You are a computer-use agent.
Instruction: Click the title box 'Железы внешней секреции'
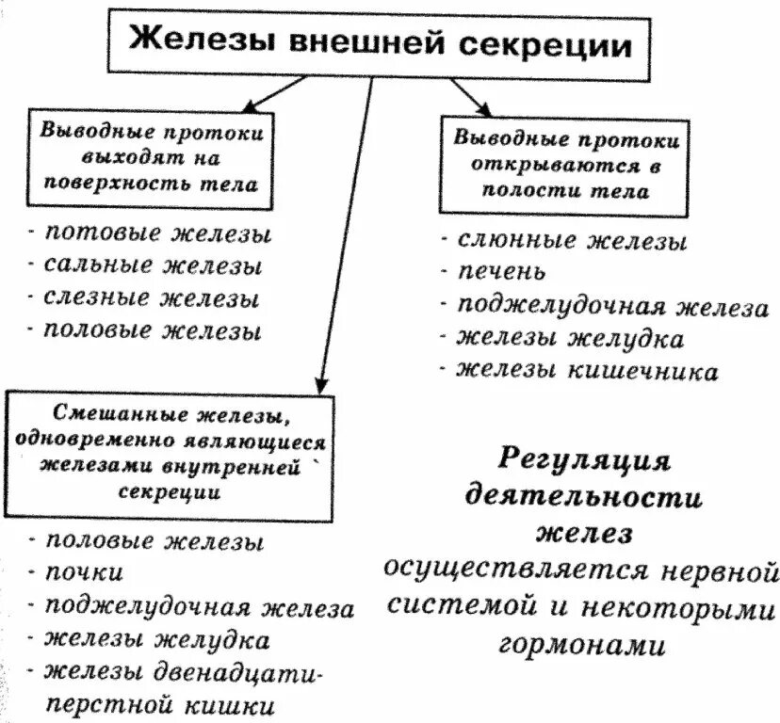(x=380, y=43)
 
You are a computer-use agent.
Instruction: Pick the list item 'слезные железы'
(x=151, y=298)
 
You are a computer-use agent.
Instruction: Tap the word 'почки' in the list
(x=84, y=572)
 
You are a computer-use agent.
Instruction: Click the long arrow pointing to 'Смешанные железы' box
(x=345, y=235)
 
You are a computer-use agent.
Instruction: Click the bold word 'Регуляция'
(x=583, y=460)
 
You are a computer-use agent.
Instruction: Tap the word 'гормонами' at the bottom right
(x=582, y=645)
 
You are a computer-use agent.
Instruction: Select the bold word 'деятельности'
(x=584, y=497)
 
